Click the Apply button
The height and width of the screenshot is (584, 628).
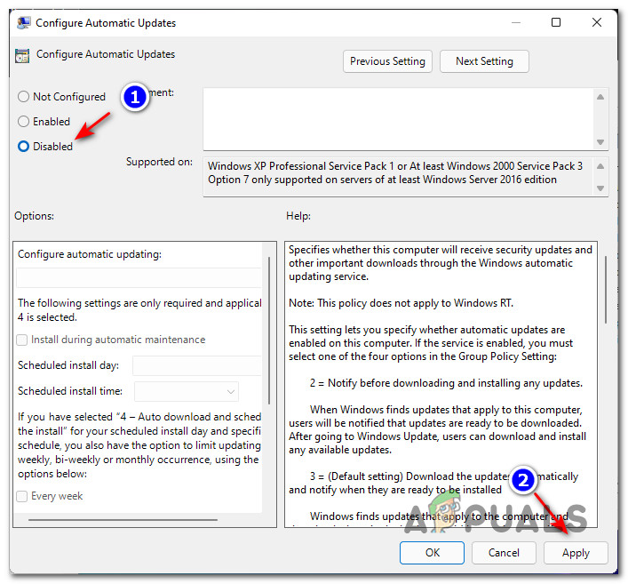point(576,552)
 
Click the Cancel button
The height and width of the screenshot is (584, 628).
point(504,552)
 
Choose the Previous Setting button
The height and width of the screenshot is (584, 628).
point(387,61)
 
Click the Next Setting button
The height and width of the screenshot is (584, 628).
point(484,61)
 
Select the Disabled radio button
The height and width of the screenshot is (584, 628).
point(24,147)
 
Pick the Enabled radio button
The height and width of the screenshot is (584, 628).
point(24,122)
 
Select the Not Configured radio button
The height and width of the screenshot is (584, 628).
point(24,97)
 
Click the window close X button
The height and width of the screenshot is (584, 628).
point(597,22)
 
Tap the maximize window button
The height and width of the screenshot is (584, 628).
point(556,22)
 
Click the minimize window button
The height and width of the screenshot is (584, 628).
point(515,22)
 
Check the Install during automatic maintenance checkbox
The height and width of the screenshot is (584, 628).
point(22,340)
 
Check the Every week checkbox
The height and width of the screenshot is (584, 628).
point(22,496)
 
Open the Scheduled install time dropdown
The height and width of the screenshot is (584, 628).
point(187,391)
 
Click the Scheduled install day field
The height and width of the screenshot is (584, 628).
point(196,365)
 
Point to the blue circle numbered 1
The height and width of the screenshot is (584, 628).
point(134,97)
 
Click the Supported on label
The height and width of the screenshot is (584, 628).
point(159,162)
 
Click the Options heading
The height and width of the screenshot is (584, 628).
point(34,216)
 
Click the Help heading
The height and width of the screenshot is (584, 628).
point(298,216)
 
